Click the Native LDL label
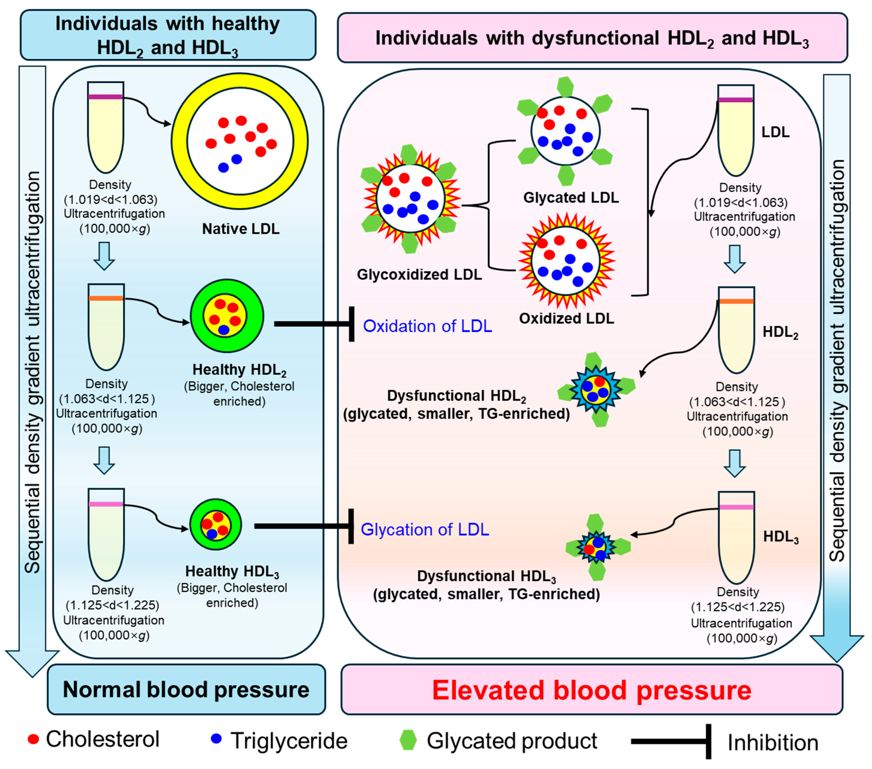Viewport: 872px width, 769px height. (241, 229)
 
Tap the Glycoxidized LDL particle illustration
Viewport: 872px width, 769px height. (410, 198)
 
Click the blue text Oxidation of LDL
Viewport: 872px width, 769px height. (427, 326)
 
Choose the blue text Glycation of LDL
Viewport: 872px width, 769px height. (425, 529)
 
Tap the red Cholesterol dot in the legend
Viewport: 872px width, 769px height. (33, 739)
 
